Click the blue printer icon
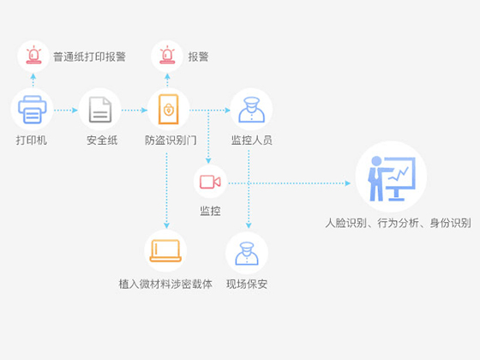click(x=33, y=110)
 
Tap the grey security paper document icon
click(x=100, y=110)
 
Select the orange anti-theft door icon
click(x=168, y=110)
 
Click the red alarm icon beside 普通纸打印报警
click(x=33, y=55)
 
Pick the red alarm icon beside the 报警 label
click(x=167, y=55)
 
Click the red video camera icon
click(x=210, y=182)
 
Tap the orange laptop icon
click(x=165, y=250)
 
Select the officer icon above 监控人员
click(x=252, y=110)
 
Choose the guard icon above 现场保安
click(x=247, y=254)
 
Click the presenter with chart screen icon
click(x=392, y=179)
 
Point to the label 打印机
click(x=32, y=141)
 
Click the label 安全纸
click(x=102, y=141)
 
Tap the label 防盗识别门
click(x=171, y=141)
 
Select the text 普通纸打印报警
click(x=89, y=57)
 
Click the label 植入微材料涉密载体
click(x=165, y=284)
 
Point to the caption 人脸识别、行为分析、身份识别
click(x=398, y=223)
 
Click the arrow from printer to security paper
click(x=66, y=111)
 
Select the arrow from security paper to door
click(x=135, y=111)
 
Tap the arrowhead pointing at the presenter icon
click(x=348, y=183)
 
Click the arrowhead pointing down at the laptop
click(x=166, y=226)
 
